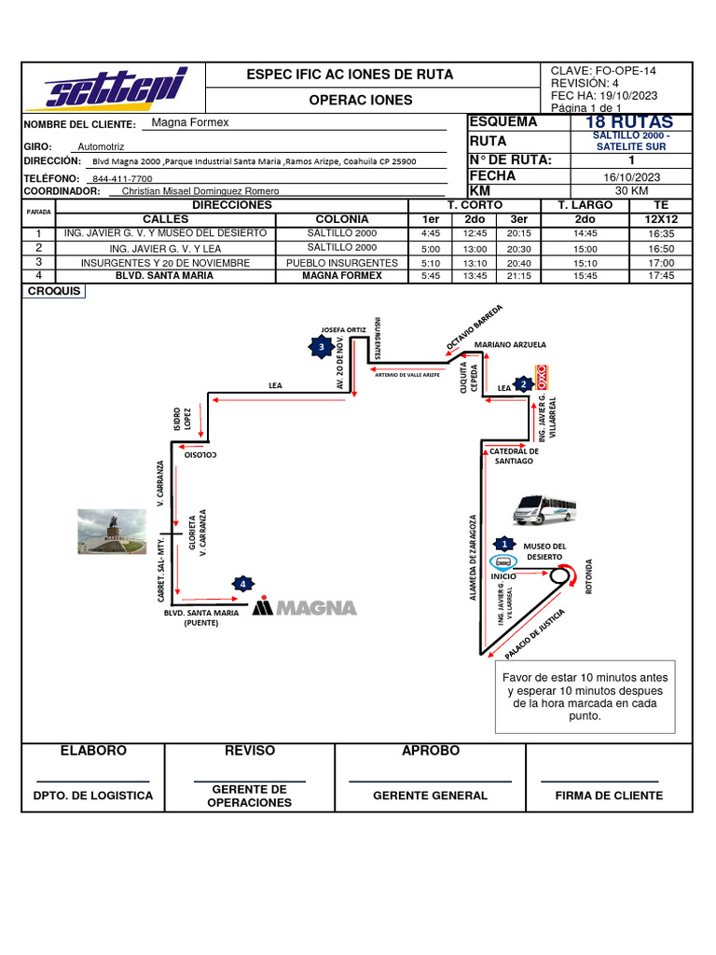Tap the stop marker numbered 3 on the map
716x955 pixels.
pyautogui.click(x=321, y=347)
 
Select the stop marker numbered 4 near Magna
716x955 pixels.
pyautogui.click(x=243, y=584)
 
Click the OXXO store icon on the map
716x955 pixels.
pyautogui.click(x=540, y=376)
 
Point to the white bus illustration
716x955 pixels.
pyautogui.click(x=544, y=510)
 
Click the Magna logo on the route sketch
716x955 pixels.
pyautogui.click(x=306, y=607)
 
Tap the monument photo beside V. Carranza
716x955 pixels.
pyautogui.click(x=112, y=531)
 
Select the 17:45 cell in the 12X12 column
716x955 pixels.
pyautogui.click(x=661, y=276)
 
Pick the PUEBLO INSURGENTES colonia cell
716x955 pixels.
pyautogui.click(x=342, y=263)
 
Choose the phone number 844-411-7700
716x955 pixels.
pyautogui.click(x=122, y=178)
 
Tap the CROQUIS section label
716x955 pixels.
pyautogui.click(x=54, y=292)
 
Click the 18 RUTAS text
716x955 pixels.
pyautogui.click(x=628, y=123)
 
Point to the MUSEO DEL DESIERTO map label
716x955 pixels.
pyautogui.click(x=544, y=551)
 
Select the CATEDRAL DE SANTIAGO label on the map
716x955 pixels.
pyautogui.click(x=514, y=456)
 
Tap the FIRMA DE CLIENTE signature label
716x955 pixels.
pyautogui.click(x=609, y=796)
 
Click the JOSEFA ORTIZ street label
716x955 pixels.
pyautogui.click(x=341, y=329)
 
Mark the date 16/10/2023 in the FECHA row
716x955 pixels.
pyautogui.click(x=631, y=176)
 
